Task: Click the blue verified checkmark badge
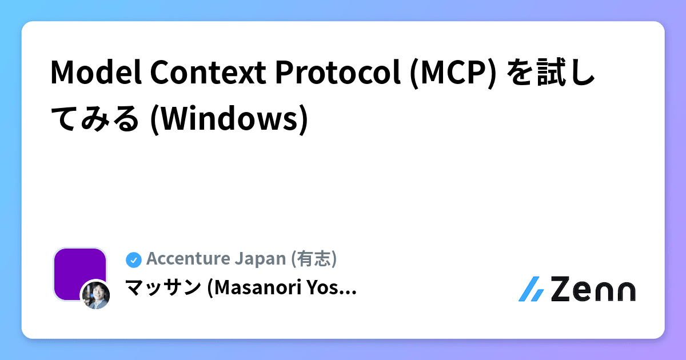coord(133,259)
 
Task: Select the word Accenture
coord(188,259)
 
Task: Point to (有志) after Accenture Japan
coord(314,259)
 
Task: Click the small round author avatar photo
coord(95,294)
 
